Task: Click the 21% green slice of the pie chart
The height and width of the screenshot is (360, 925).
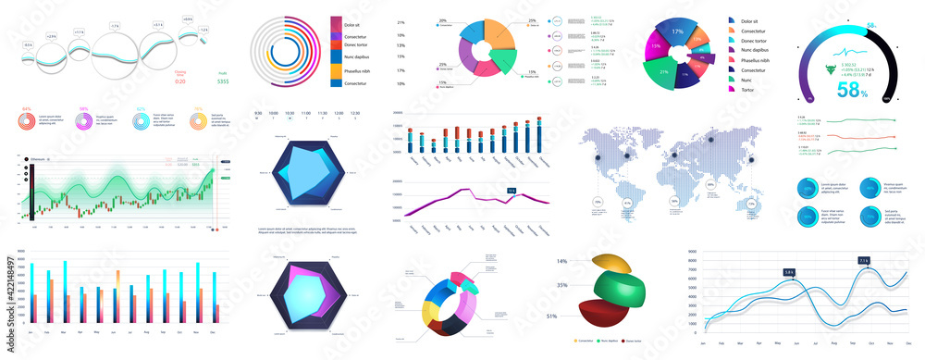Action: point(663,70)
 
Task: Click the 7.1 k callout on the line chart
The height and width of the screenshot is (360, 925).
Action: point(863,261)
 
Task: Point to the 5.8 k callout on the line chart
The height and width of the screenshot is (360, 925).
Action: point(789,272)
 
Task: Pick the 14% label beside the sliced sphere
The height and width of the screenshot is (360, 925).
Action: point(561,262)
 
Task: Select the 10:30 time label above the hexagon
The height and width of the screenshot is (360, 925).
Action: point(290,113)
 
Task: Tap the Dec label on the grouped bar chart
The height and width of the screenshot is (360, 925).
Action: point(216,332)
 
